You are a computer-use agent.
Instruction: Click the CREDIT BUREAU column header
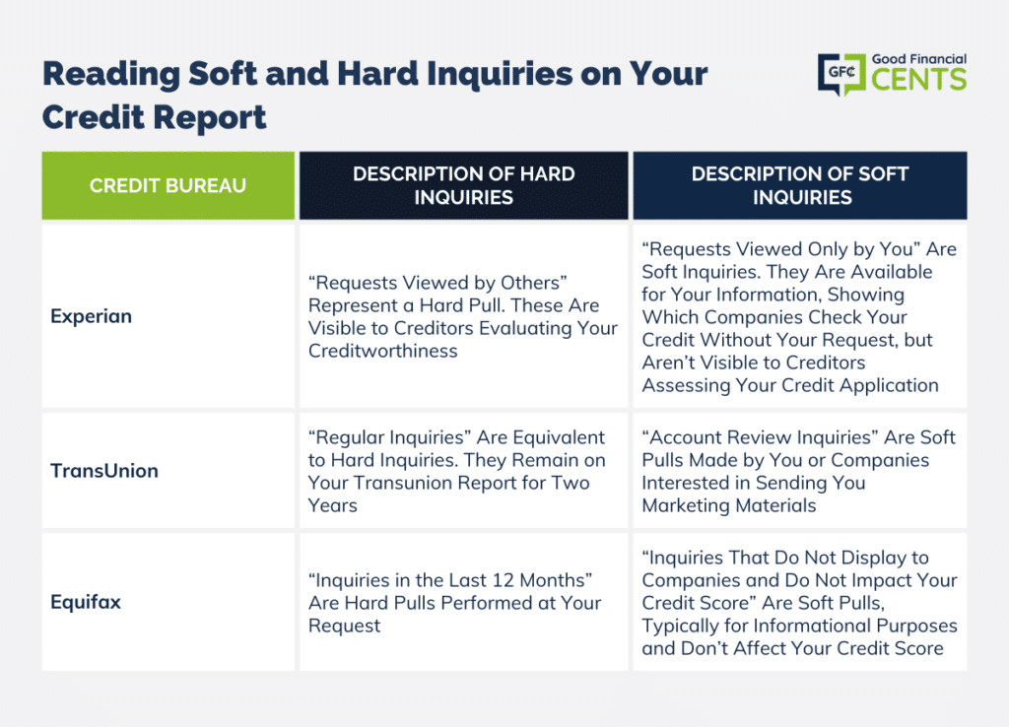tap(168, 186)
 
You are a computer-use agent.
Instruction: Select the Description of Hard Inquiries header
tap(463, 186)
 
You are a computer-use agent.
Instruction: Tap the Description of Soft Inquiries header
tap(800, 186)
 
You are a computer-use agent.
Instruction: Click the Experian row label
tap(92, 316)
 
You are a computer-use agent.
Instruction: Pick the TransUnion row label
tap(104, 471)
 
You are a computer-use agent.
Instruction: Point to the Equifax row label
tap(86, 602)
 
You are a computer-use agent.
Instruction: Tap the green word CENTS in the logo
tap(919, 80)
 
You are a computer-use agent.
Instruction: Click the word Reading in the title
tap(110, 74)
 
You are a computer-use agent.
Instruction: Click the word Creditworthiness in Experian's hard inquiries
tap(383, 352)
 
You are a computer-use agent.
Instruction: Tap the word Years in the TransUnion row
tap(332, 505)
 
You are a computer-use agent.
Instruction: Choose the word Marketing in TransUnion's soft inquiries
tap(686, 505)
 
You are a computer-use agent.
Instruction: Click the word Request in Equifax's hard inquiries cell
tap(344, 626)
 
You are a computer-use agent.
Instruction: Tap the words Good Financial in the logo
tap(919, 59)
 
